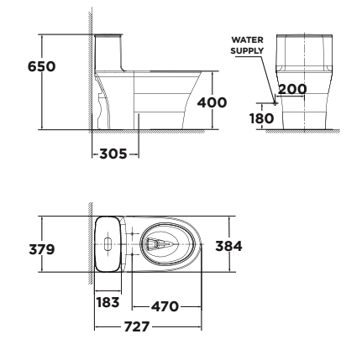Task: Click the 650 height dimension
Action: coord(42,66)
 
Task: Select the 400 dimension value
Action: coord(211,102)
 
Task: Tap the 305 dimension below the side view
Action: coord(113,154)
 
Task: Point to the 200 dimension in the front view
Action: coord(291,90)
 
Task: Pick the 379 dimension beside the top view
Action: coord(42,249)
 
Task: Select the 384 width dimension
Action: coord(229,246)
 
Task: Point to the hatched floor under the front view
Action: coord(302,132)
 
